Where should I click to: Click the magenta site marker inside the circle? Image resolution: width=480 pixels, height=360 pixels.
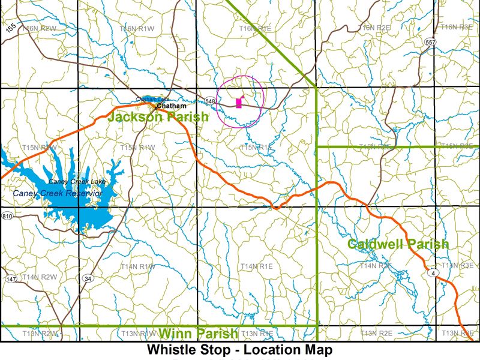(239, 103)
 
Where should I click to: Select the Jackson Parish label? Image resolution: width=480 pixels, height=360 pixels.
(158, 116)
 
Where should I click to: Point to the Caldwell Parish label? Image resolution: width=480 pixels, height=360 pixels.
(398, 244)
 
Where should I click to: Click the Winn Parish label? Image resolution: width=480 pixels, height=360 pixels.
(198, 334)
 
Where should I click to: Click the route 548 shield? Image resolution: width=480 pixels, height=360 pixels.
(209, 101)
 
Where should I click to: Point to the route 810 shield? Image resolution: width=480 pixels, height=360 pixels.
(7, 216)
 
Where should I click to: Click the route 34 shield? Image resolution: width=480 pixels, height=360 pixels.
(88, 278)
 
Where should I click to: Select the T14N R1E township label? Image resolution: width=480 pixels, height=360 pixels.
(256, 266)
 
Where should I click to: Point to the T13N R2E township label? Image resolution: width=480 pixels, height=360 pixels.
(376, 333)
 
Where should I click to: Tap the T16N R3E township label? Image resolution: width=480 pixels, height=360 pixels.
(457, 27)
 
